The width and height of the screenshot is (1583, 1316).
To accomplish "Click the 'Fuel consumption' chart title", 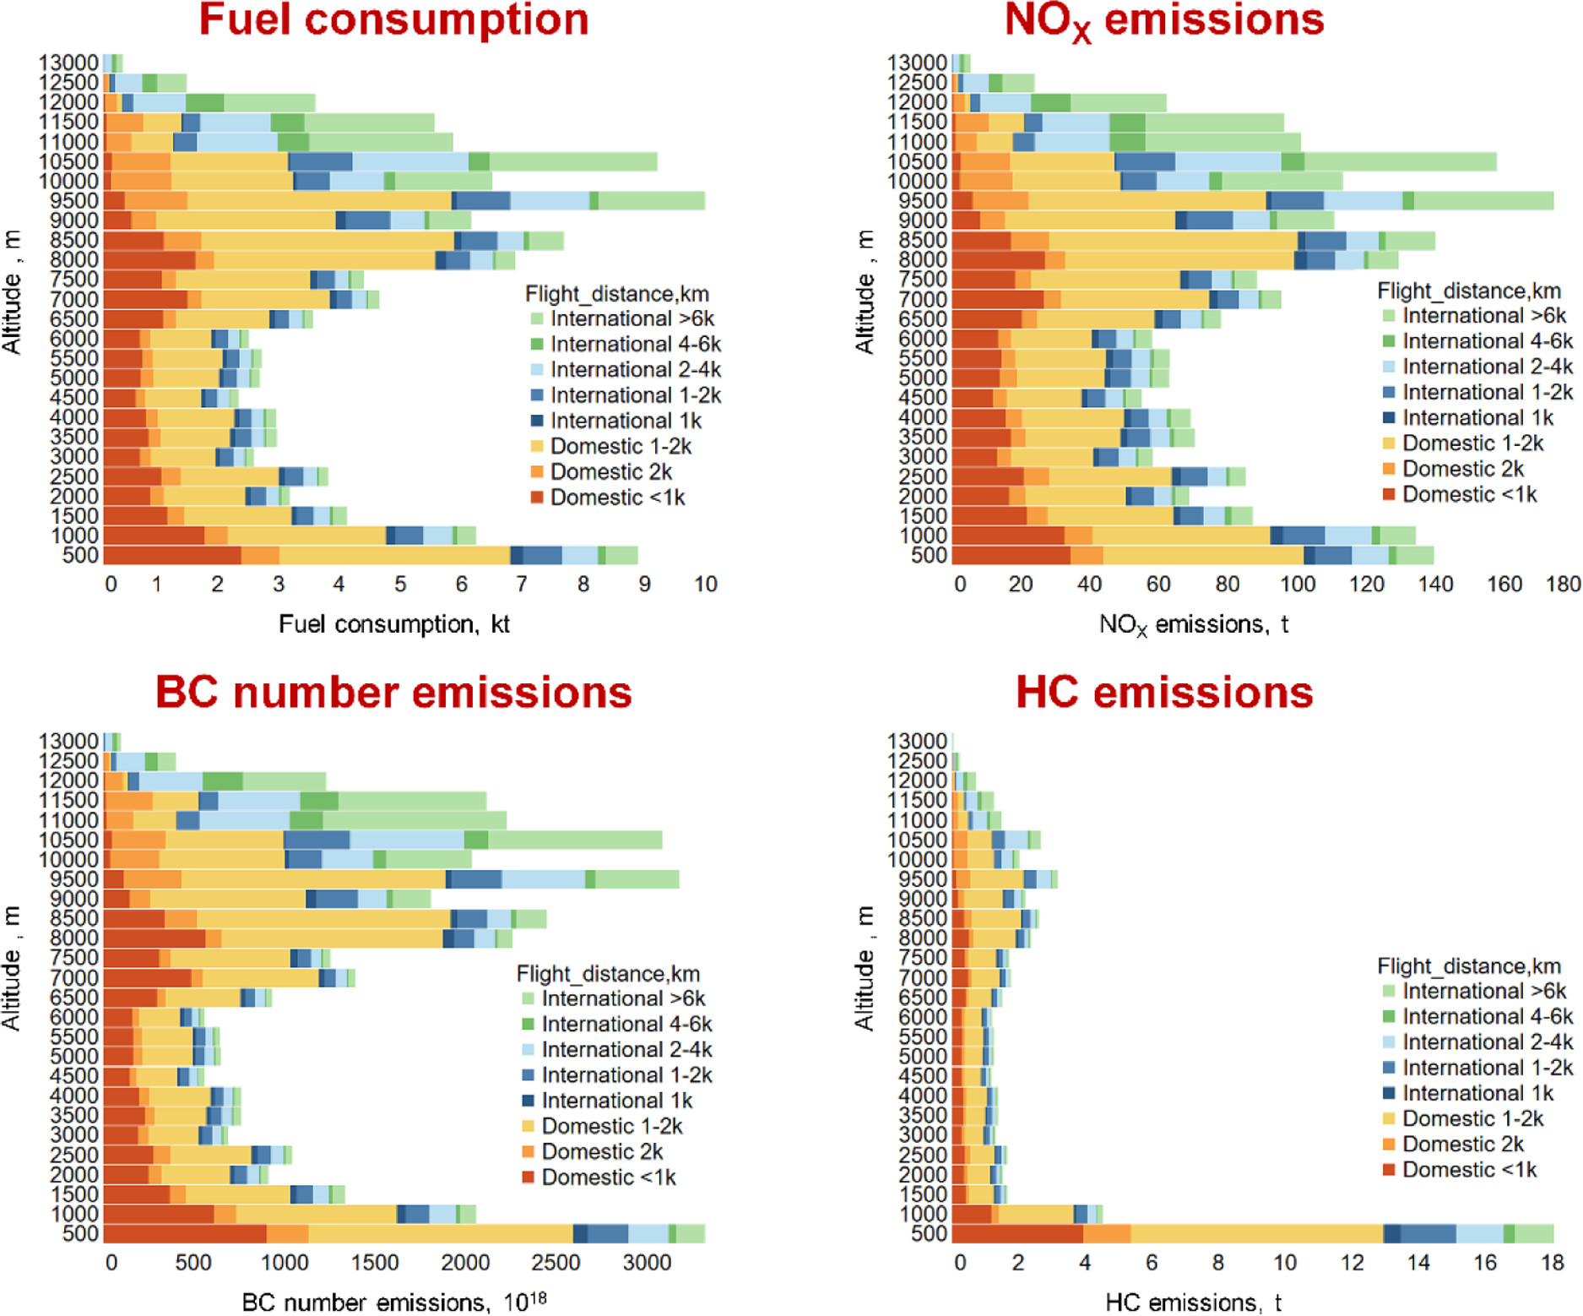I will tap(393, 20).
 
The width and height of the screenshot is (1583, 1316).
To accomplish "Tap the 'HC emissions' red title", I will tap(1164, 693).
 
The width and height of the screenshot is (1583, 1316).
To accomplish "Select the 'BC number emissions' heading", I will tap(393, 693).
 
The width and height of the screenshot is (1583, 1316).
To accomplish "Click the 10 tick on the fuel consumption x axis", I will tap(706, 585).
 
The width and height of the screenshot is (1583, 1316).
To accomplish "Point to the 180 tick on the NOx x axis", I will tap(1563, 585).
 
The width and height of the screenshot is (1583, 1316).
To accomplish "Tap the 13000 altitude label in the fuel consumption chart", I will tap(68, 63).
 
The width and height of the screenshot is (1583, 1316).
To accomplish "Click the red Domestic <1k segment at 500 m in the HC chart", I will tap(1016, 1233).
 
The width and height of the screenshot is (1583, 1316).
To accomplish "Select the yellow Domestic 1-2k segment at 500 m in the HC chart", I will tap(1256, 1233).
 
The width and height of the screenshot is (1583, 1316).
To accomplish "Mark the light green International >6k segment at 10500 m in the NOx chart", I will tap(1400, 161).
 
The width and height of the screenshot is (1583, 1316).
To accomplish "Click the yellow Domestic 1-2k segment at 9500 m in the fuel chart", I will tap(319, 201).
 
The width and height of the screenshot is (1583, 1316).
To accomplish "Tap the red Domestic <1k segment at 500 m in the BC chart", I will tap(184, 1233).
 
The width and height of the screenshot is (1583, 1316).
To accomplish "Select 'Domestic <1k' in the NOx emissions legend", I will tap(1469, 494).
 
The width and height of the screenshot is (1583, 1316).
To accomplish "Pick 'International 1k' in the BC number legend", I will tap(616, 1101).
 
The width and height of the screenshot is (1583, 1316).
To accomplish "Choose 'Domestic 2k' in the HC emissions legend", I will tap(1462, 1144).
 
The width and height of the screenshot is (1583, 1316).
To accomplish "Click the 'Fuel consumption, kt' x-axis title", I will tap(393, 624).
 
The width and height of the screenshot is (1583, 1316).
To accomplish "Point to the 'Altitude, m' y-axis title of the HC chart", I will tap(865, 968).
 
